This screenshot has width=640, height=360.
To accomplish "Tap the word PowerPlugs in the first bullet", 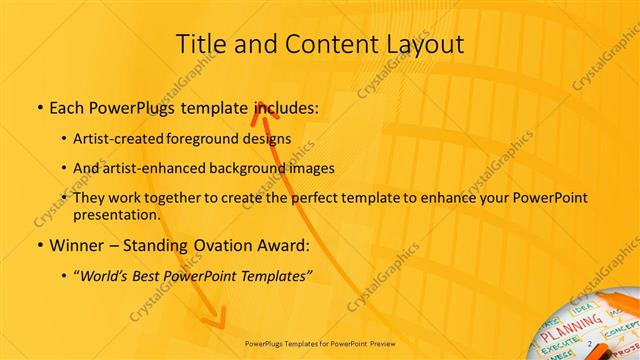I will point(132,107).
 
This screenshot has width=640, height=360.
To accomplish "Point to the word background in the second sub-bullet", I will point(266,168).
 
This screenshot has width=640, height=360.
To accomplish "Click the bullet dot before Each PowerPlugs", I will point(38,107).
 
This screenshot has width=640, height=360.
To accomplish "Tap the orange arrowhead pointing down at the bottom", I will point(212,320).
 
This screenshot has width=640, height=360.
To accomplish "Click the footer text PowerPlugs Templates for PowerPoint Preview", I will point(320,342).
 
